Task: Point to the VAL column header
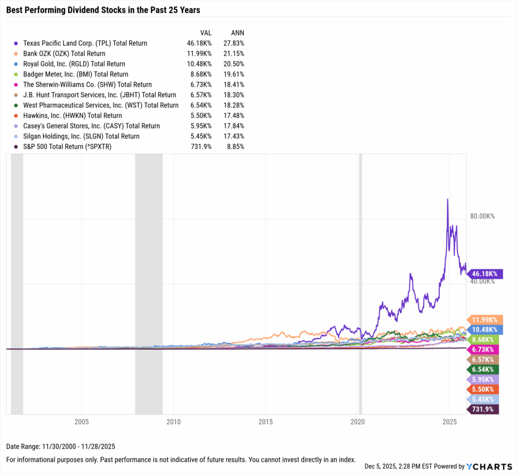[206, 32]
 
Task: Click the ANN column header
[237, 32]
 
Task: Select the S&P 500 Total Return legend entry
[68, 146]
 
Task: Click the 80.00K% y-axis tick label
[482, 216]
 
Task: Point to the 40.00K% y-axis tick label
[482, 281]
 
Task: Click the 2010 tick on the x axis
[173, 421]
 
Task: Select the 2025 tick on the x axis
[449, 421]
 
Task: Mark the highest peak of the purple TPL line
[447, 199]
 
